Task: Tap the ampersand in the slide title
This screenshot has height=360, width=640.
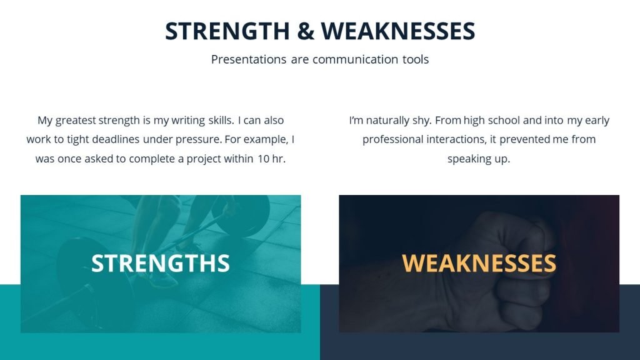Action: tap(306, 31)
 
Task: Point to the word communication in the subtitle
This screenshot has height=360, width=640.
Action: tap(356, 60)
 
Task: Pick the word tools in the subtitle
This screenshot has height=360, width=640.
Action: tap(415, 60)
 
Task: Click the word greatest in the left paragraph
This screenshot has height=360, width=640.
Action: tap(77, 121)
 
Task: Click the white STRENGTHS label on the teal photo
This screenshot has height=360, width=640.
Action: tap(161, 263)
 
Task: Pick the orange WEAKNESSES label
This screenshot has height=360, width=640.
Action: tap(479, 263)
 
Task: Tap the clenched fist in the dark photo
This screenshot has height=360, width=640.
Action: tap(500, 275)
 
